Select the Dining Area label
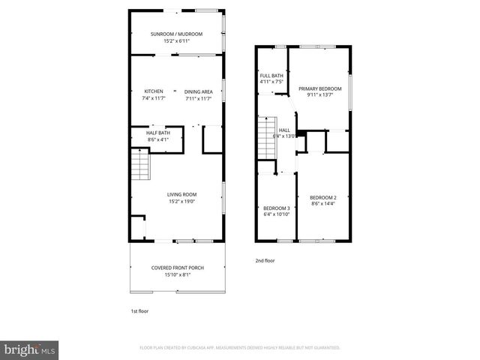coord(198,91)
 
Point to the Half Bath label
coord(158,133)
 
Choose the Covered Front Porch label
coord(177,268)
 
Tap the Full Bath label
coord(271,76)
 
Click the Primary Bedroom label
coord(320,88)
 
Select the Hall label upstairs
coord(284,130)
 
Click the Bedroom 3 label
coord(276,208)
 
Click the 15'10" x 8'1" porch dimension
coord(177,274)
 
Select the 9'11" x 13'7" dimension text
coord(320,95)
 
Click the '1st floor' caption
coord(139,310)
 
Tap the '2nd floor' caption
coord(265,260)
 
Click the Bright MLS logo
coord(30,349)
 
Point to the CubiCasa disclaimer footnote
coord(240,348)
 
